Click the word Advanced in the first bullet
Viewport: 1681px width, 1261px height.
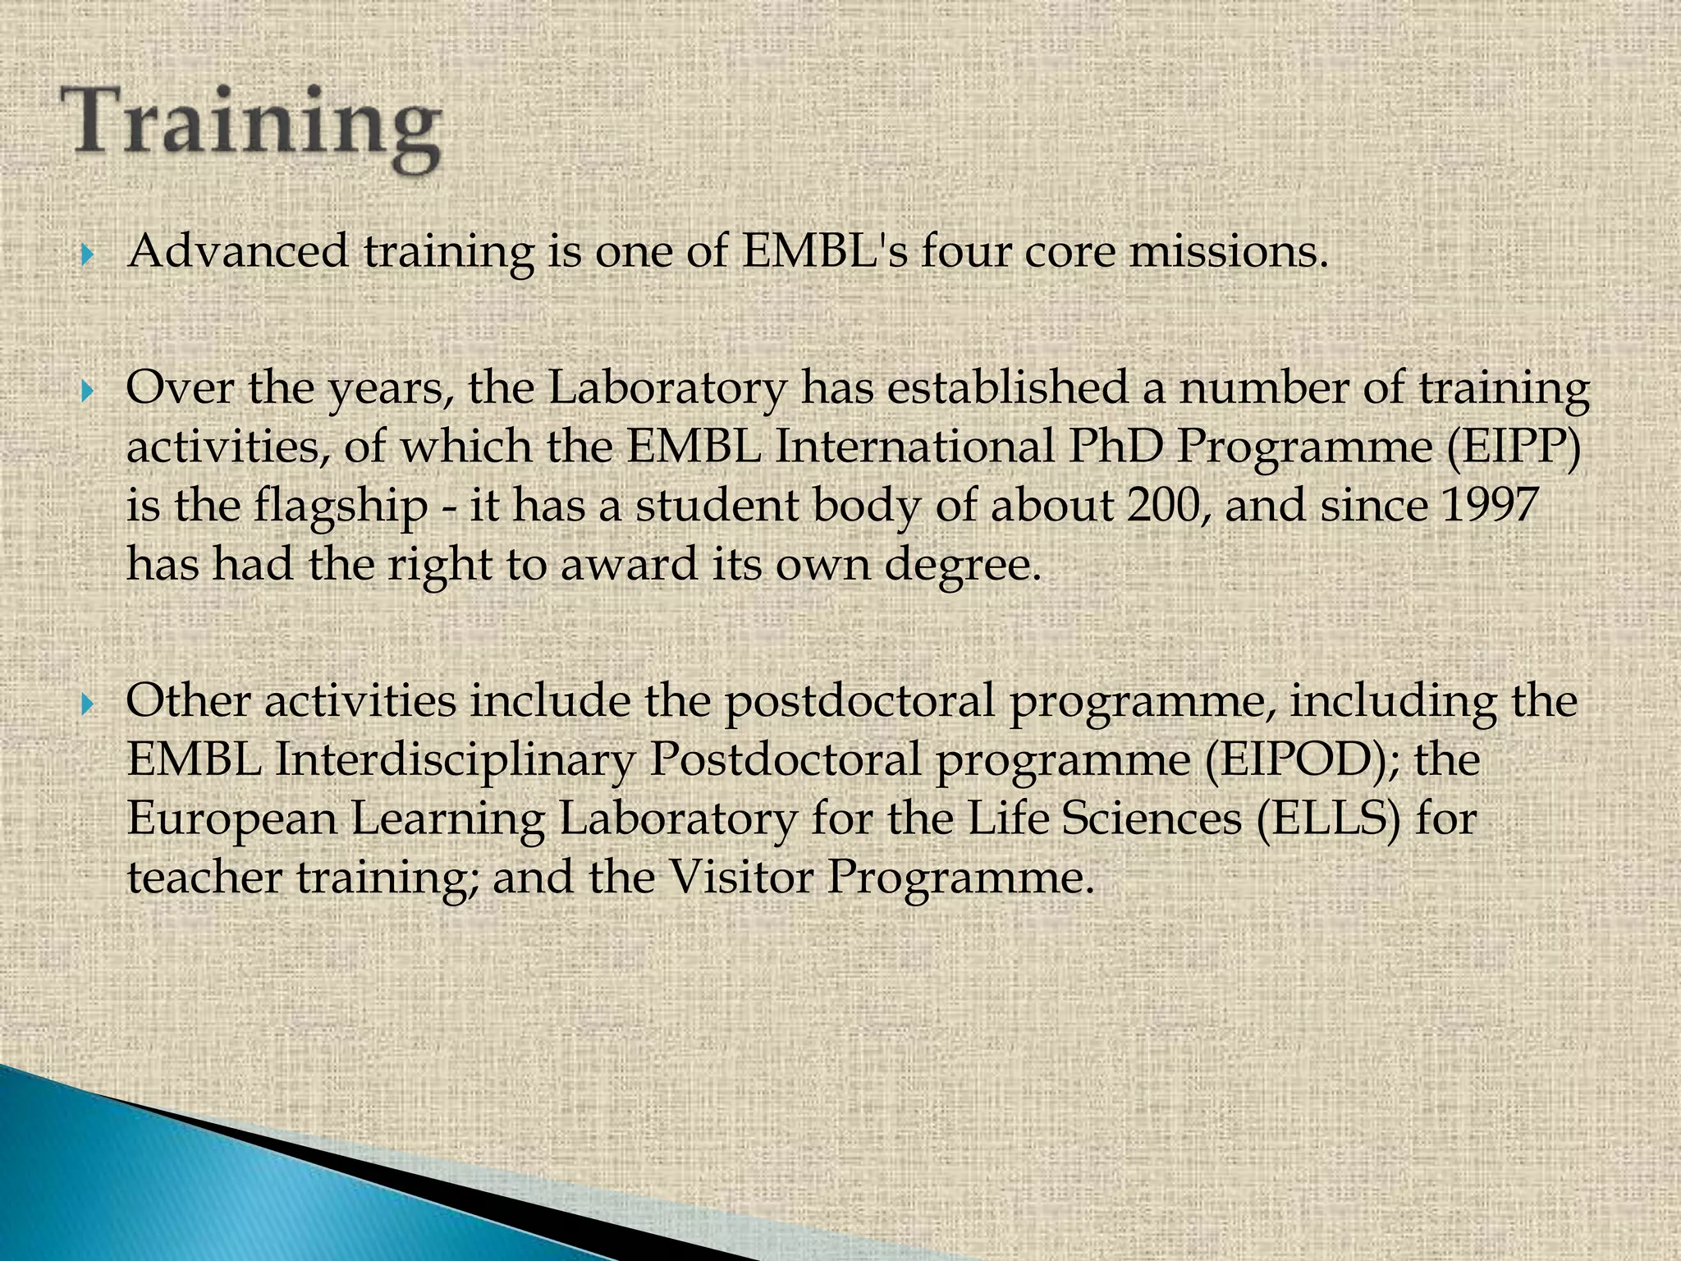[239, 251]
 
